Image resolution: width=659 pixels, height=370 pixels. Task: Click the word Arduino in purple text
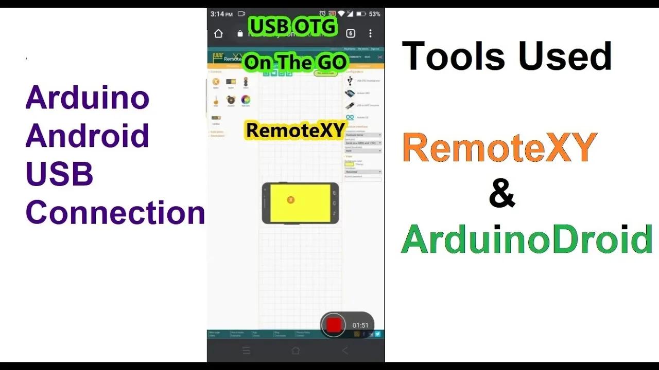tap(87, 98)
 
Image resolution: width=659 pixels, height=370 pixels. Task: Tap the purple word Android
tap(87, 136)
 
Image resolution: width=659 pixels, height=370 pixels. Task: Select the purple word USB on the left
tap(59, 174)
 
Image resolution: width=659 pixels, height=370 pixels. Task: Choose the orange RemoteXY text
tap(499, 147)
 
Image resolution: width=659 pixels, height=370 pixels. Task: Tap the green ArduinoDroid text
tap(527, 240)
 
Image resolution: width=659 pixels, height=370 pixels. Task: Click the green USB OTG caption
tap(293, 26)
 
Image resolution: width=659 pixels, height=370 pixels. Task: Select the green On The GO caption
tap(296, 63)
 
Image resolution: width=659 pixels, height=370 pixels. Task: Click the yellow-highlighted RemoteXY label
tap(295, 131)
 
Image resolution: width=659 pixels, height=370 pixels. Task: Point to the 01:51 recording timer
tap(360, 325)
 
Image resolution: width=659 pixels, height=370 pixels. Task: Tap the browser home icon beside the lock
tap(218, 33)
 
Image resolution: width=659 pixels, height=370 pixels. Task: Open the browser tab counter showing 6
tap(351, 33)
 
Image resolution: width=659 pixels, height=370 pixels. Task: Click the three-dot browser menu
tap(370, 33)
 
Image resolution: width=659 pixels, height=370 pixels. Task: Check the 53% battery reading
tap(375, 14)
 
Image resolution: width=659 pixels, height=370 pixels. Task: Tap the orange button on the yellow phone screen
tap(290, 199)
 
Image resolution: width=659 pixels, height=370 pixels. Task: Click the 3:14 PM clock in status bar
tap(221, 14)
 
